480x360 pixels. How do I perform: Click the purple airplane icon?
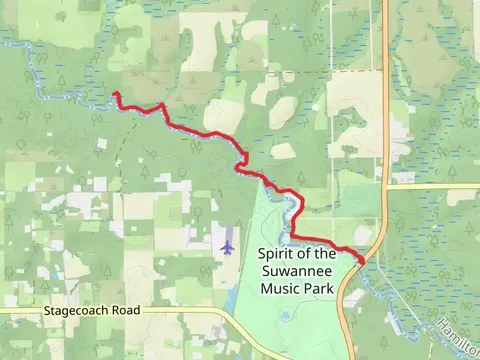228,243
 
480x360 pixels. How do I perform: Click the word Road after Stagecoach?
126,312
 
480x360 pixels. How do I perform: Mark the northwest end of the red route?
116,95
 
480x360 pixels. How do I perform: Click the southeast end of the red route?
361,262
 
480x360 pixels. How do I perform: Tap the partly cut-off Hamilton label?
457,336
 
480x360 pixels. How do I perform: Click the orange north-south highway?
384,120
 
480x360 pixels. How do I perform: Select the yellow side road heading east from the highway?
430,185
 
